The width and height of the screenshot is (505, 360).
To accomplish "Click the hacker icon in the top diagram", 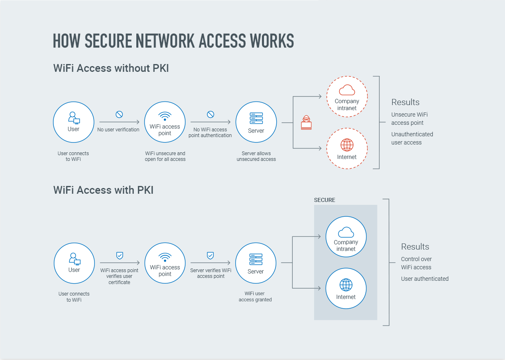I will (306, 123).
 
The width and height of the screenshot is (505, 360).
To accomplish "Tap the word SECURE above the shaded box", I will (324, 200).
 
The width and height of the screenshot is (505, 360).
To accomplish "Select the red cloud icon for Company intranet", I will (347, 90).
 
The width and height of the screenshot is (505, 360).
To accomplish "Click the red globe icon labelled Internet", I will (347, 144).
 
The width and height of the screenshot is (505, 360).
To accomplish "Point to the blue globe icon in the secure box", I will (346, 285).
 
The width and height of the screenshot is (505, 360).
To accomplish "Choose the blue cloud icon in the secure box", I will (346, 232).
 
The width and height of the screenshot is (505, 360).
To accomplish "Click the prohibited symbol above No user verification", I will (119, 115).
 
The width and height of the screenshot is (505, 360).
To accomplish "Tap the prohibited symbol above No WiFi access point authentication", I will (210, 115).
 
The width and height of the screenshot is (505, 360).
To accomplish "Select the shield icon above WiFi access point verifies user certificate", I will (119, 255).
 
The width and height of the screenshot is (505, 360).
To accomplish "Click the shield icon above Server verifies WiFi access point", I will (210, 255).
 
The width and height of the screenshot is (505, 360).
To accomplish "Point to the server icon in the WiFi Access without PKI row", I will (256, 118).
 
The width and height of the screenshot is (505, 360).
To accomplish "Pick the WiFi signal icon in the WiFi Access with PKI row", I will (165, 257).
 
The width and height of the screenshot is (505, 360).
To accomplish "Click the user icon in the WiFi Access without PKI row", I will (74, 118).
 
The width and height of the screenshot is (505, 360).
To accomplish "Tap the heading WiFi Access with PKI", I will (103, 190).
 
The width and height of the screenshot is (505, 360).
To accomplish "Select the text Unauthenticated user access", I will (412, 138).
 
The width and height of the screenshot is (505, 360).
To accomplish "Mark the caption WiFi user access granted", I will (255, 296).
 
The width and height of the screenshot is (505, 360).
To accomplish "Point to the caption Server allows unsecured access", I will (256, 156).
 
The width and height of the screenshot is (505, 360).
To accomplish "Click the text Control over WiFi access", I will (416, 263).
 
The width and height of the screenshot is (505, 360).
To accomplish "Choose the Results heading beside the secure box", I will (415, 247).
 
